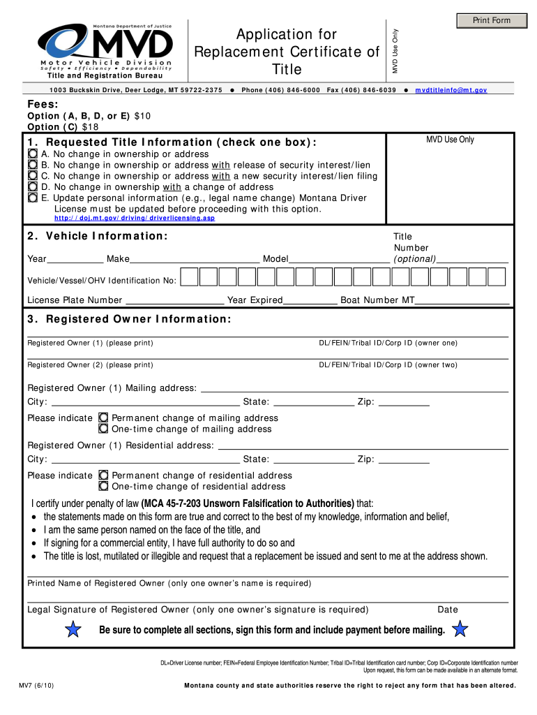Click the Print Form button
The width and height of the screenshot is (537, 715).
(x=492, y=20)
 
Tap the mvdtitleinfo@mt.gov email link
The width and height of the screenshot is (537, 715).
(x=451, y=91)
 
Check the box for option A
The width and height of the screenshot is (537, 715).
(x=33, y=154)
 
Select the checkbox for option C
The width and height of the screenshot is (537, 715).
(x=33, y=176)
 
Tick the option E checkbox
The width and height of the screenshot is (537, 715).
(x=33, y=198)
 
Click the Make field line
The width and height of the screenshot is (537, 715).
(x=195, y=259)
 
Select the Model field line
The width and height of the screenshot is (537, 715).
(x=339, y=259)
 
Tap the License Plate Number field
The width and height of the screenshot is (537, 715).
(x=174, y=300)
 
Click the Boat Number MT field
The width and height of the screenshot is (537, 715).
(x=462, y=300)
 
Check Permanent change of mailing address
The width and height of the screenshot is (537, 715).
(x=104, y=418)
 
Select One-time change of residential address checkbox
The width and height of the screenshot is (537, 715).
(x=104, y=487)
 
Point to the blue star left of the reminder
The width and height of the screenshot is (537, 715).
(x=72, y=631)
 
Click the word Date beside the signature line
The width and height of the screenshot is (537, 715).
(x=448, y=610)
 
